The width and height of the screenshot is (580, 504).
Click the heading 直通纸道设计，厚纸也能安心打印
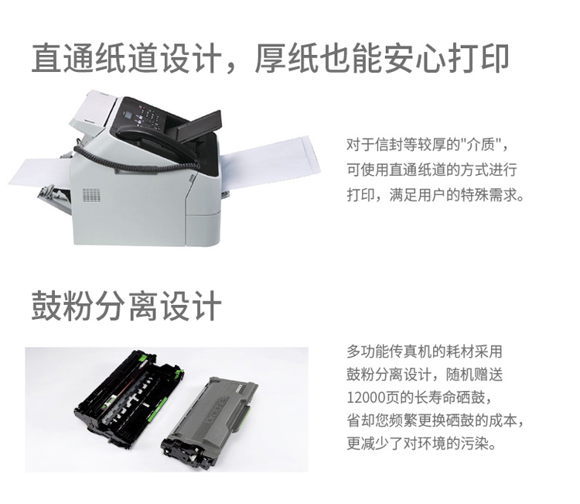click(271, 58)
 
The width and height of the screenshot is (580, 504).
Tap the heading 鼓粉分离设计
click(126, 306)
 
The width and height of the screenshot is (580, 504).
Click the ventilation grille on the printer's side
click(91, 195)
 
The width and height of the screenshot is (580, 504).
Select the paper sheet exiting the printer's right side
click(270, 159)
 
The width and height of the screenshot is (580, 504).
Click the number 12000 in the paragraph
click(366, 398)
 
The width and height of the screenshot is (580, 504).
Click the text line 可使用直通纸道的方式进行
click(432, 170)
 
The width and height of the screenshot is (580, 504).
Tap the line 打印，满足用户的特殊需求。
click(435, 194)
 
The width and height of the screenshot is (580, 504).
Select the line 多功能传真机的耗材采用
click(425, 351)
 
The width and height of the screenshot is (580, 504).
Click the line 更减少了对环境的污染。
click(421, 443)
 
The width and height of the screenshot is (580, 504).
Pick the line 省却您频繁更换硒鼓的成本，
click(435, 420)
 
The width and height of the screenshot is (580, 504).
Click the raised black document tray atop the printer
click(199, 126)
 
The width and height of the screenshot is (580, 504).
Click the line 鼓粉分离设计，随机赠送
click(425, 375)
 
